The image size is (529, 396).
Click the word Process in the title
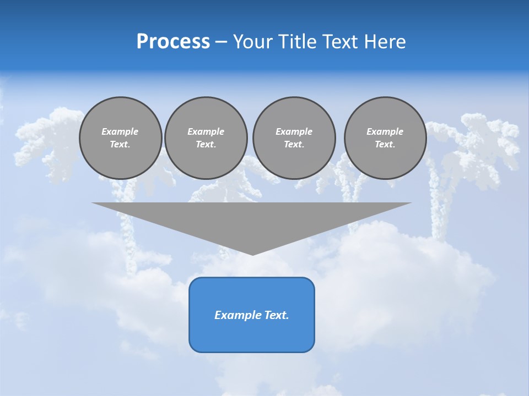coord(173,42)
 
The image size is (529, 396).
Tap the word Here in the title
coord(385,42)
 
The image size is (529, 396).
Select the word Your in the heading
coord(252,42)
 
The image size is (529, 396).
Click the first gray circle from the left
coord(120,138)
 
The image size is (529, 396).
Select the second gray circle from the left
coord(206,138)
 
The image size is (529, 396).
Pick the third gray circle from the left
coord(294,138)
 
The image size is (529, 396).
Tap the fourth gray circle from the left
coord(385,138)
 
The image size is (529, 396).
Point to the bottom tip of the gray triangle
coord(252,254)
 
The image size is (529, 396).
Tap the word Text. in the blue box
coord(275,315)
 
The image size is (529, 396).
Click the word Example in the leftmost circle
coord(120,131)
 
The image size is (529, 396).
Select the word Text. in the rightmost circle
coord(385,145)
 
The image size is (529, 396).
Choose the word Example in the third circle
coord(294,131)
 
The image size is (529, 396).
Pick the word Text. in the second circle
coord(206,145)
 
